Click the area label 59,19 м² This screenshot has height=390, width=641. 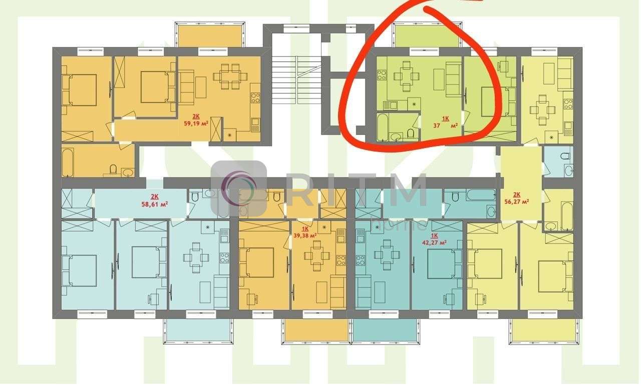tap(196, 124)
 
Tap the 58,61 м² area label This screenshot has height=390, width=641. tap(155, 204)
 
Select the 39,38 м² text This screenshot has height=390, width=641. tap(305, 235)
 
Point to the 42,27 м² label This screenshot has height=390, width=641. tap(434, 242)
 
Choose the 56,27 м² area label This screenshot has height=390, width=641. tap(517, 201)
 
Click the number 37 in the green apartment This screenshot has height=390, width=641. tap(436, 125)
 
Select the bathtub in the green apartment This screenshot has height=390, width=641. tap(383, 127)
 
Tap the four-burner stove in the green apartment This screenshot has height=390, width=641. tap(382, 75)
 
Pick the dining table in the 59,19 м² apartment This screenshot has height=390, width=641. tap(230, 76)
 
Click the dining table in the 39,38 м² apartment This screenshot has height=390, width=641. tap(317, 255)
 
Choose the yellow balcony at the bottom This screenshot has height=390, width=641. tap(543, 330)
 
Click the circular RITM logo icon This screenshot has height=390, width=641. tap(239, 188)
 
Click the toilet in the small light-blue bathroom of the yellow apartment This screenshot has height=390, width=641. tap(565, 156)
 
